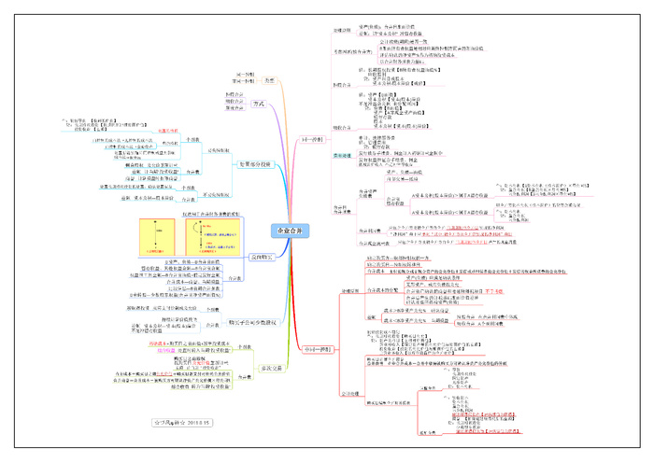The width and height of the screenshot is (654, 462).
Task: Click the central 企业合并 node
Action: coord(290,231)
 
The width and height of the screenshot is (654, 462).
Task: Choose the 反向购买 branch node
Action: coord(239,255)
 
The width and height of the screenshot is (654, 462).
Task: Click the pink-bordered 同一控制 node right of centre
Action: coord(313,138)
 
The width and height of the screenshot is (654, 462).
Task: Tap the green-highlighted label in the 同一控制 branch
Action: coord(342,156)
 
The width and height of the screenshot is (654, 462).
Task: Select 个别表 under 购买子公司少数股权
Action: coord(212,309)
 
